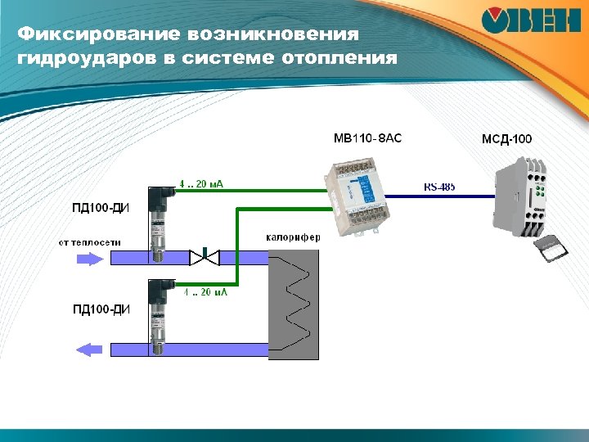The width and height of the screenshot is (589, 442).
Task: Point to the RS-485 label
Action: [x=439, y=187]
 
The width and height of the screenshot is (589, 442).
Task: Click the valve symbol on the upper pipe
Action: [x=204, y=258]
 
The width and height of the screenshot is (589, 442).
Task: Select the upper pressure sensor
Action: [x=158, y=222]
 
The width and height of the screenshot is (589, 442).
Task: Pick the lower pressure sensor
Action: [x=158, y=314]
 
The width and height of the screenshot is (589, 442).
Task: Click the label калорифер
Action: [x=293, y=237]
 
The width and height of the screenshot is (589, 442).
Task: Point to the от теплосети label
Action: [x=90, y=242]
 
